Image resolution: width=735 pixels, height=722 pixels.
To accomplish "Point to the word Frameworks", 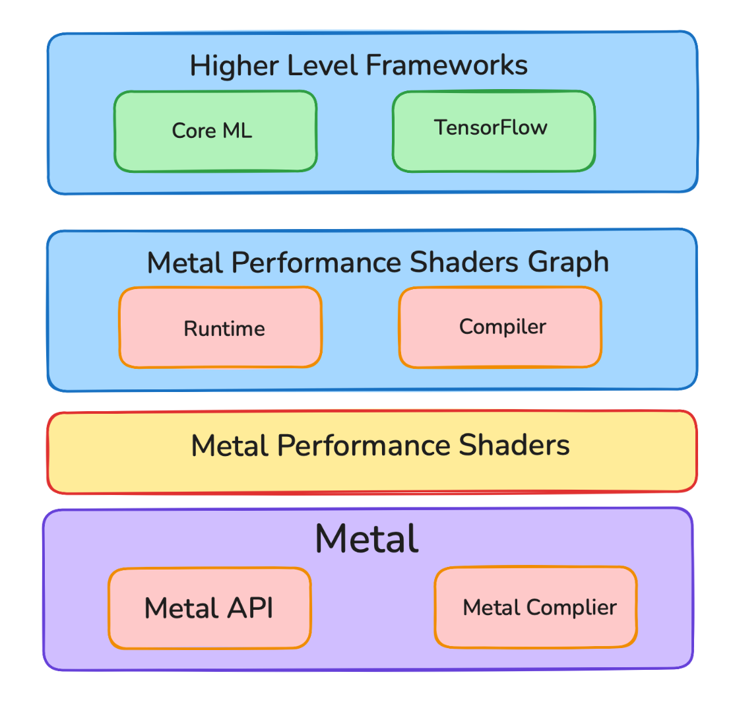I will point(446,65).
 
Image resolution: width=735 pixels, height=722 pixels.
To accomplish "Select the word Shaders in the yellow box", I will point(514,445).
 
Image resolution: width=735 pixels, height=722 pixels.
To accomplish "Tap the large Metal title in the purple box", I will point(367,539).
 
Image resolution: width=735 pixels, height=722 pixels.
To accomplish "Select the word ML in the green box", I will point(237,131).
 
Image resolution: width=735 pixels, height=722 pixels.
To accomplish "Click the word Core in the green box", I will point(194,131).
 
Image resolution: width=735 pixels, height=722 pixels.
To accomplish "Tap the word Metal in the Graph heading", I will point(185,263).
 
